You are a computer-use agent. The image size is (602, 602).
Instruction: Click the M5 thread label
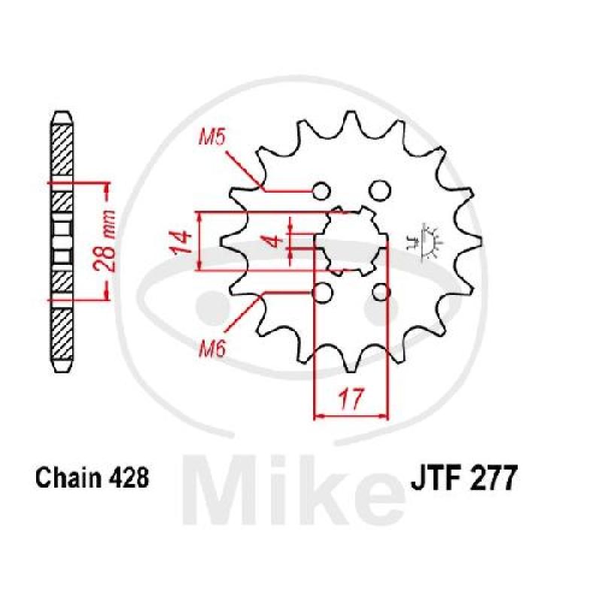211,138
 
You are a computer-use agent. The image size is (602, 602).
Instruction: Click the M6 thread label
212,349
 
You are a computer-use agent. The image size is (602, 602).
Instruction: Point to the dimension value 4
275,242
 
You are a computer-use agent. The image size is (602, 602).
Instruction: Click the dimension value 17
351,399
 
